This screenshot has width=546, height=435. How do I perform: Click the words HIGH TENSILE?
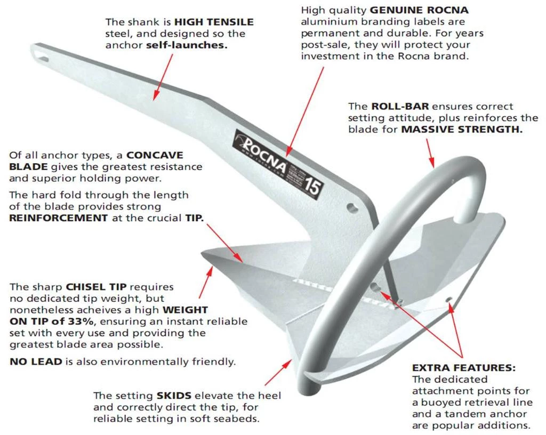(x=214, y=22)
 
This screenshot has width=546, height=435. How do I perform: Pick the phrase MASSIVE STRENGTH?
(x=462, y=130)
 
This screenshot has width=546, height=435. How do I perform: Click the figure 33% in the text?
(x=86, y=321)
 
